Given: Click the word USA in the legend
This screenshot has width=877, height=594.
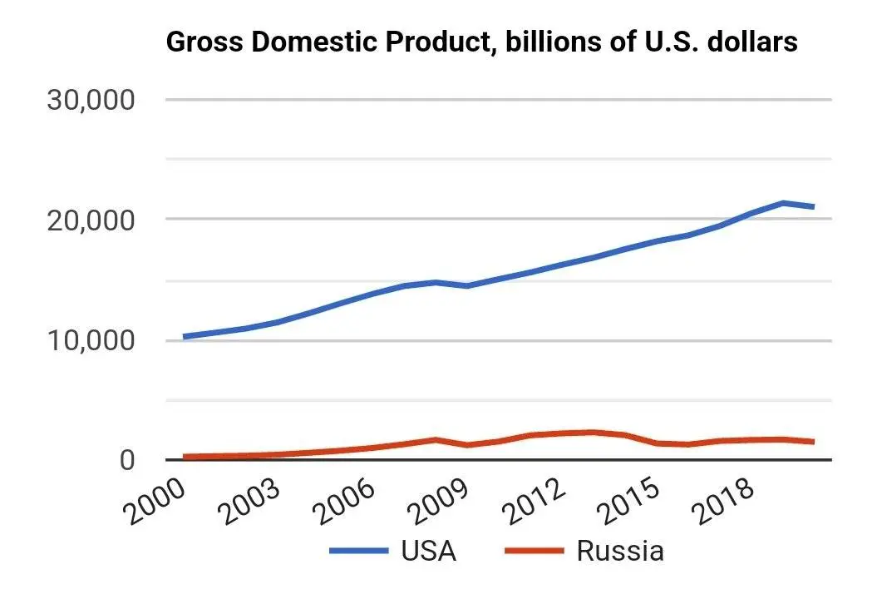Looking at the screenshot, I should (428, 552).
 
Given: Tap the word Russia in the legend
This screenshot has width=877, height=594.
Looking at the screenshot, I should (619, 552).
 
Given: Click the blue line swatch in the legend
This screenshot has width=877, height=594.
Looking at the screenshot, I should (359, 552).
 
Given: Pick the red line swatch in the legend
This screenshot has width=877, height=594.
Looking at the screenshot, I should (534, 552).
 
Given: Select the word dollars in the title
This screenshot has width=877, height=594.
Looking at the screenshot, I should (753, 42).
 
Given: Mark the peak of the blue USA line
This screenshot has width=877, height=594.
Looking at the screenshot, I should (782, 202).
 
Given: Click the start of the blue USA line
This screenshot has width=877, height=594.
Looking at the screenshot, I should (185, 337).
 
